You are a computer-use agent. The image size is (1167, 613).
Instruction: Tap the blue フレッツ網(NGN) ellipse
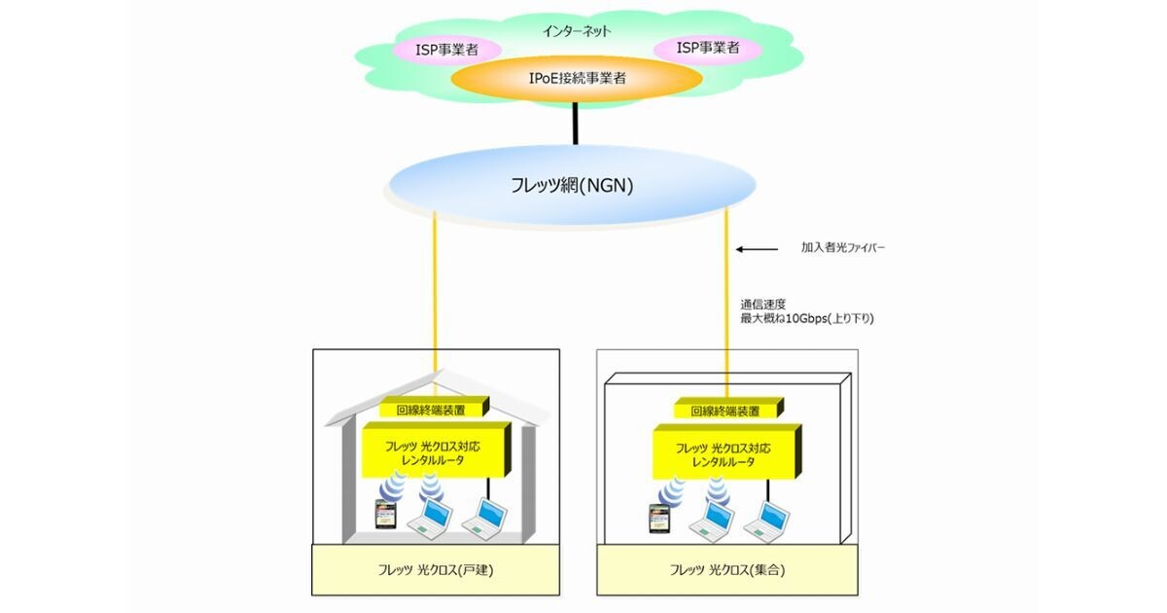click(x=572, y=184)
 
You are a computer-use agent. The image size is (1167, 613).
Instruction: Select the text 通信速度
click(x=762, y=303)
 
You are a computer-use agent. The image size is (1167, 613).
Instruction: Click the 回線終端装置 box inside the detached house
click(x=433, y=410)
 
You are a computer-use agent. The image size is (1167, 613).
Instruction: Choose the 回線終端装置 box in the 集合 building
click(x=728, y=411)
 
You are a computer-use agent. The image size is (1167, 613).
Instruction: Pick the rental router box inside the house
click(x=433, y=451)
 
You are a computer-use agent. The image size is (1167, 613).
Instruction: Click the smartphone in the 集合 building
click(x=660, y=519)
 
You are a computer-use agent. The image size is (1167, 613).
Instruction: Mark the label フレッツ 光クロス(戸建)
click(x=435, y=569)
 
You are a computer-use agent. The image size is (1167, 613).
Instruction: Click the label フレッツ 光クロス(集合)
click(x=726, y=569)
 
